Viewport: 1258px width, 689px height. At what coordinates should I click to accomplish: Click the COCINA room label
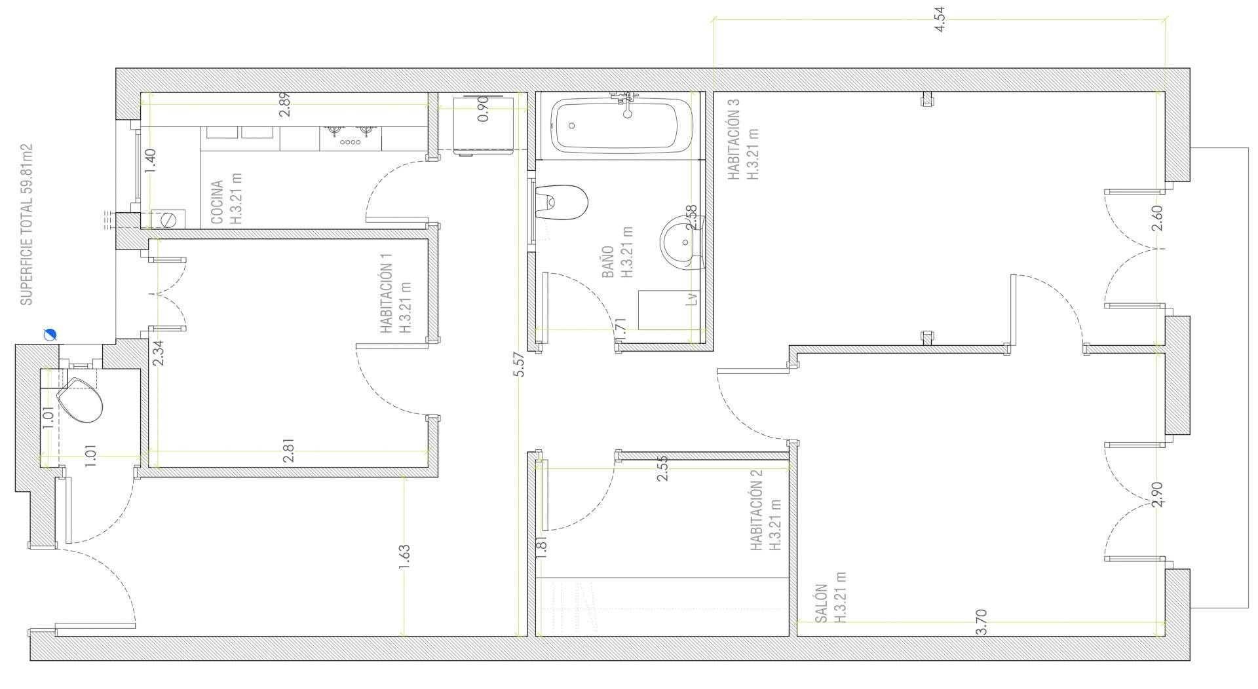click(x=218, y=202)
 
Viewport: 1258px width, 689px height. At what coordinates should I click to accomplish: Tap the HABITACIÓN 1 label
click(x=387, y=299)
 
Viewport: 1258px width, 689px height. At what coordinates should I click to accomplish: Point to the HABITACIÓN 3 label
click(x=733, y=139)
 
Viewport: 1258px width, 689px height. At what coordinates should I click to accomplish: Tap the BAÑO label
click(x=607, y=262)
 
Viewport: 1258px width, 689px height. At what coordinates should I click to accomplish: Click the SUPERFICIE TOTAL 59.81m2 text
click(x=26, y=225)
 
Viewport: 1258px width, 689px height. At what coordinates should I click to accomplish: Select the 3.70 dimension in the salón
click(x=981, y=622)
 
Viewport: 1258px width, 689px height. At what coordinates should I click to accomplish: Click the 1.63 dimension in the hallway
click(x=404, y=557)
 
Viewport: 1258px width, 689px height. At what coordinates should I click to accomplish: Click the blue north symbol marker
click(x=50, y=335)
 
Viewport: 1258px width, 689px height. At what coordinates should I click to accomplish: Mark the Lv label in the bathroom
click(x=692, y=299)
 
